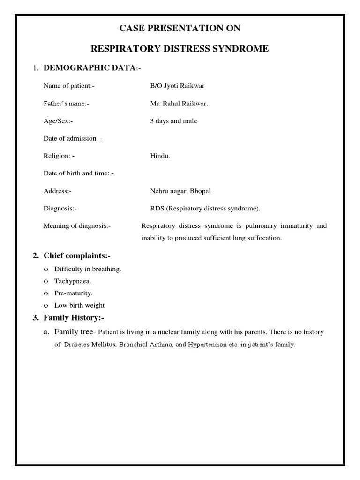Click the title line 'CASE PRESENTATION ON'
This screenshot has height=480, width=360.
180,29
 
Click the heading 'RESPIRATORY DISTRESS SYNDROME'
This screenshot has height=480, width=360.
180,49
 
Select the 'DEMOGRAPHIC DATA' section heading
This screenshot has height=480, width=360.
89,68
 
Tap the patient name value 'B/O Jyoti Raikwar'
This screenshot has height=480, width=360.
177,86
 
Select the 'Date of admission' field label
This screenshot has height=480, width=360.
73,138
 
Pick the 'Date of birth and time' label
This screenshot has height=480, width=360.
78,173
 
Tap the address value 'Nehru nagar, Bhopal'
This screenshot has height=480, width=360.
180,191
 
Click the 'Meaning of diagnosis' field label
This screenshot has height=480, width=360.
77,226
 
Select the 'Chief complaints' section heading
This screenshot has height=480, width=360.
77,255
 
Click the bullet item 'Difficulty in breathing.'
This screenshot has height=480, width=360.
88,269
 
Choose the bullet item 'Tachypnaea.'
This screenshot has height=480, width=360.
73,281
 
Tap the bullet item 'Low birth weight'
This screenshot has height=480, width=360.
79,305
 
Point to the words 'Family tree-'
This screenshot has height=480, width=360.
75,332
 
